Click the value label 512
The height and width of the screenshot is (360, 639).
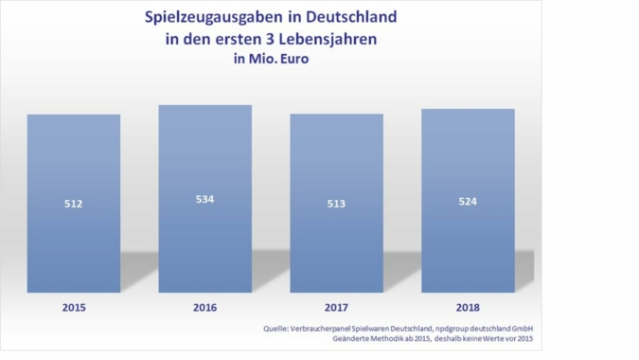[73, 204]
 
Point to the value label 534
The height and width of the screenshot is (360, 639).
[204, 199]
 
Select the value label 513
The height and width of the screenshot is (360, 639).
[336, 204]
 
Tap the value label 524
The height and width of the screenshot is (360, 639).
[468, 202]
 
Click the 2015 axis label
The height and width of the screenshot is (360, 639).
[73, 308]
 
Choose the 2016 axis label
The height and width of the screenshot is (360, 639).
[204, 308]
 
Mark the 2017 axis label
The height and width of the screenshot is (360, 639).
[336, 308]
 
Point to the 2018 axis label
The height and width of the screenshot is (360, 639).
[468, 308]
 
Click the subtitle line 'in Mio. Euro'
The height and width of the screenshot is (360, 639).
[271, 60]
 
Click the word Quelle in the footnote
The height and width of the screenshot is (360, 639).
[276, 329]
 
